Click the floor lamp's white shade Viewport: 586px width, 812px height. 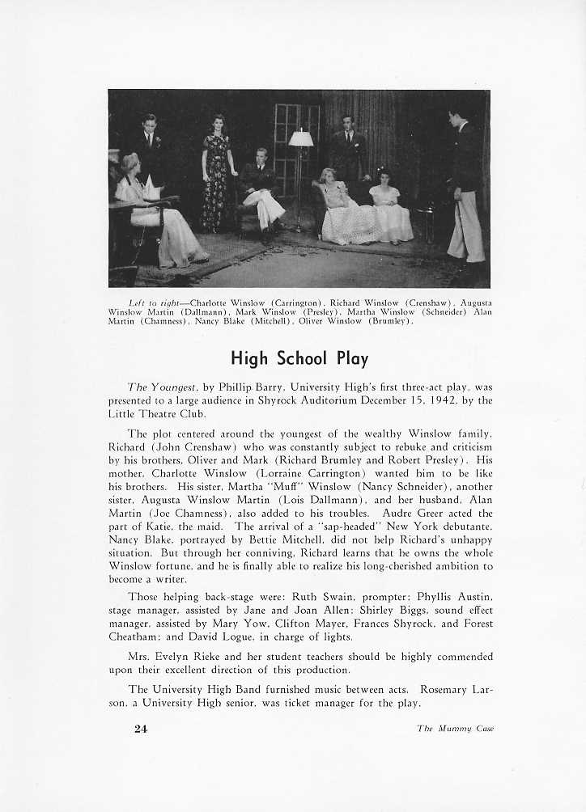point(301,138)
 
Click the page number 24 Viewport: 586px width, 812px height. point(142,728)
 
